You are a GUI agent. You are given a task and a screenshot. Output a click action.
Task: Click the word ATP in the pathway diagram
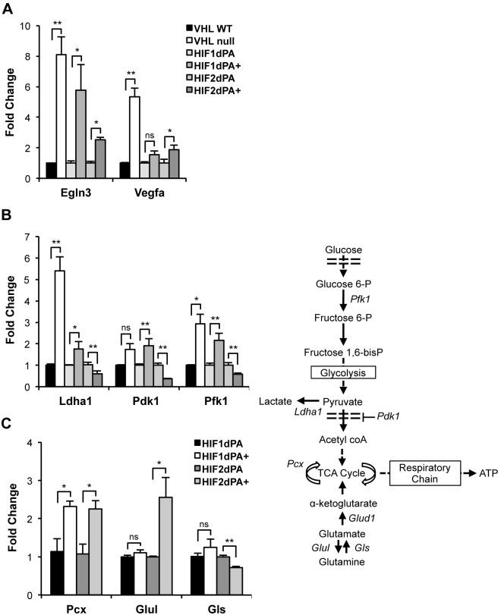click(x=475, y=474)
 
